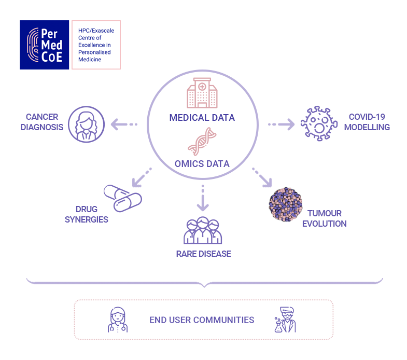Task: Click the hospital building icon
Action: coord(202,93)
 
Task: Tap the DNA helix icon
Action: coord(202,142)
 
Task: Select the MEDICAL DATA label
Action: coord(202,118)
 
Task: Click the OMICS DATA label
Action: coord(202,164)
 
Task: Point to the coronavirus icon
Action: coord(319,123)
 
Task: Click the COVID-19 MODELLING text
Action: coord(367,122)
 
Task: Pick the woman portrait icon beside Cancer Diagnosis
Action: coord(87,124)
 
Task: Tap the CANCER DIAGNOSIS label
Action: coord(42,122)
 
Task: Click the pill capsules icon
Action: coord(123,199)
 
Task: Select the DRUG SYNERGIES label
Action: coord(87,214)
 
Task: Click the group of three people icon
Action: coord(203,230)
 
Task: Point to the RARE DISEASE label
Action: coord(204,254)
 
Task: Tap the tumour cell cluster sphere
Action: coord(286,204)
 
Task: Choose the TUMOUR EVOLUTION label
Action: coord(325,218)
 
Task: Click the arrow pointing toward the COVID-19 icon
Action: coord(282,124)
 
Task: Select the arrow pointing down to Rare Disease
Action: coord(203,198)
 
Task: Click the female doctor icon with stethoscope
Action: coord(118,320)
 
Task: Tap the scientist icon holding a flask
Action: coord(285,320)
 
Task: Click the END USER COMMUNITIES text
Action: coord(202,320)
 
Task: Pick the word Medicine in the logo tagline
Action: coord(90,60)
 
